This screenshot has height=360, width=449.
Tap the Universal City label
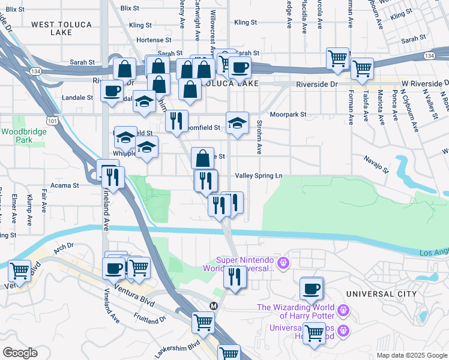(381, 294)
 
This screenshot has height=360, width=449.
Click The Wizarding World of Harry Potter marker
(343, 310)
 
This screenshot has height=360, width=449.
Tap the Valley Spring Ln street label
(262, 175)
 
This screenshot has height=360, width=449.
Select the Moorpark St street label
(288, 114)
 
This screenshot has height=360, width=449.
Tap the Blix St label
(130, 8)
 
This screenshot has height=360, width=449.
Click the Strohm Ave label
(259, 137)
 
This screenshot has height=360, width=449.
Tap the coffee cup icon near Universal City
(312, 289)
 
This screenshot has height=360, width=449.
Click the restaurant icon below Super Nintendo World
(234, 277)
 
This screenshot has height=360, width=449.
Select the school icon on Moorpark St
(238, 124)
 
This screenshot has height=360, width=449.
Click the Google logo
(20, 353)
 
